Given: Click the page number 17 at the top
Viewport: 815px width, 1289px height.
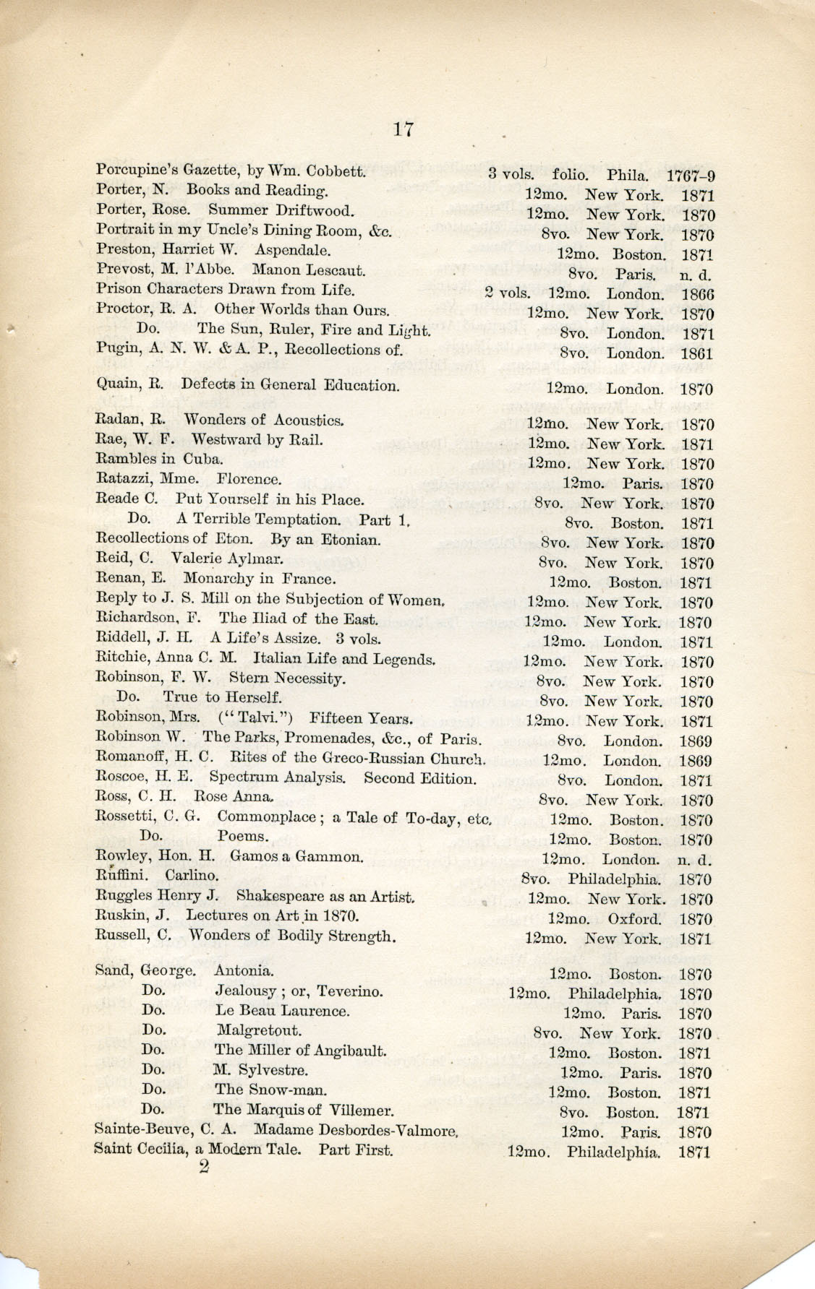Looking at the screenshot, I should [x=403, y=129].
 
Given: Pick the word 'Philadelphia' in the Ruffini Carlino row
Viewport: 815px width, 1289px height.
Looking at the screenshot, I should [x=614, y=880].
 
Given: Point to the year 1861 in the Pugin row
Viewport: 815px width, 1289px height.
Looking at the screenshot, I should [x=696, y=354].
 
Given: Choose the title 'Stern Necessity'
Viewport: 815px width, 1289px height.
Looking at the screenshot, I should [x=287, y=678].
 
